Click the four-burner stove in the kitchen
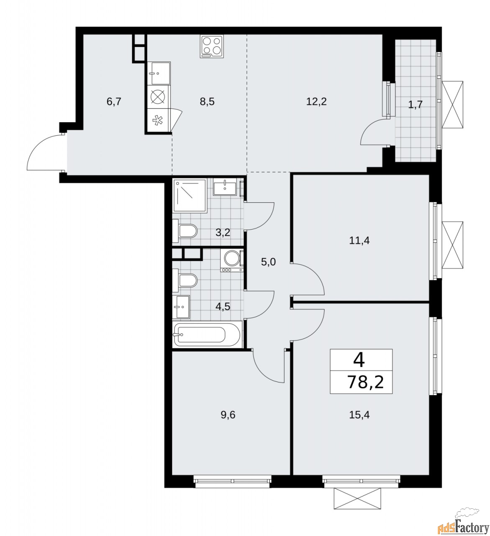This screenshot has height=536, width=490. [x=212, y=46]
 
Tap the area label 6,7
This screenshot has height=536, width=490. [x=113, y=101]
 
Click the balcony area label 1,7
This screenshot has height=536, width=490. [x=416, y=104]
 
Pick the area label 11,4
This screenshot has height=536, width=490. [x=359, y=240]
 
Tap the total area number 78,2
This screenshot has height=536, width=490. [x=365, y=382]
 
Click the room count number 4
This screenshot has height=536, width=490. [x=359, y=359]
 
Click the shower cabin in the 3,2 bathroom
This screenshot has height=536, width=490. [x=190, y=196]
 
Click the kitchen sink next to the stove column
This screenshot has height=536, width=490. [x=159, y=73]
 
